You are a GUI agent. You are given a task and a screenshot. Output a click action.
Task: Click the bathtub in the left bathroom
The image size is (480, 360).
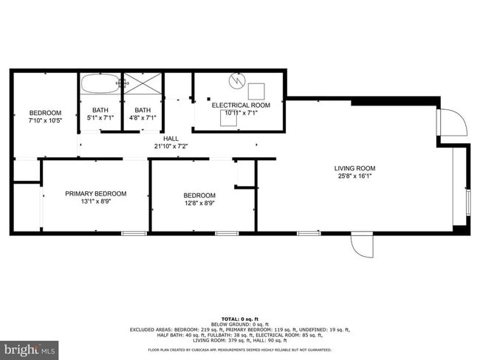click(x=100, y=84)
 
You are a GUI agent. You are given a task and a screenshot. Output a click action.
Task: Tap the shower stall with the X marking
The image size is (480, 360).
click(x=143, y=83)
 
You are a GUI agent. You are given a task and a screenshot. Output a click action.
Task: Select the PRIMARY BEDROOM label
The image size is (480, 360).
click(x=95, y=194)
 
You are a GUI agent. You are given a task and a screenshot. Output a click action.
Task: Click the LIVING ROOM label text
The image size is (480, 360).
click(x=354, y=168)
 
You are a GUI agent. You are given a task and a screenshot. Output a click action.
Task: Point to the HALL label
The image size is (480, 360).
click(x=171, y=138)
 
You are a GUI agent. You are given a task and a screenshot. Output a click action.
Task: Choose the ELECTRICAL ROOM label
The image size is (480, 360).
click(x=241, y=105)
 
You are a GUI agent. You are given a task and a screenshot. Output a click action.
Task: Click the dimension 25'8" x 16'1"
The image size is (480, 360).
click(x=354, y=176)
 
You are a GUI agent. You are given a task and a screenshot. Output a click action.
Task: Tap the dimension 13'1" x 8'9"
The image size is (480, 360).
click(x=95, y=202)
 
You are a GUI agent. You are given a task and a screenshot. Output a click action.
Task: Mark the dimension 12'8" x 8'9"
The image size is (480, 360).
click(x=199, y=204)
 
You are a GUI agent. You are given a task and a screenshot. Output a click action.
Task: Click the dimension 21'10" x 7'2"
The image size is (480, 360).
click(x=171, y=146)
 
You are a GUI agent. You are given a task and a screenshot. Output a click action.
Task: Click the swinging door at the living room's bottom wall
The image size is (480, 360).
click(x=362, y=246)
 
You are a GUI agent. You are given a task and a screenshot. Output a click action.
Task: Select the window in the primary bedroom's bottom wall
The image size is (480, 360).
click(x=134, y=234)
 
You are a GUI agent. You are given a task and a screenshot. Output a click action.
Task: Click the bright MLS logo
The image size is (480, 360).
click(x=30, y=347)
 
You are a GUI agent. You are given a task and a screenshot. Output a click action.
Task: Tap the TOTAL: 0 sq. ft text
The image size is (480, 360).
click(x=240, y=319)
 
